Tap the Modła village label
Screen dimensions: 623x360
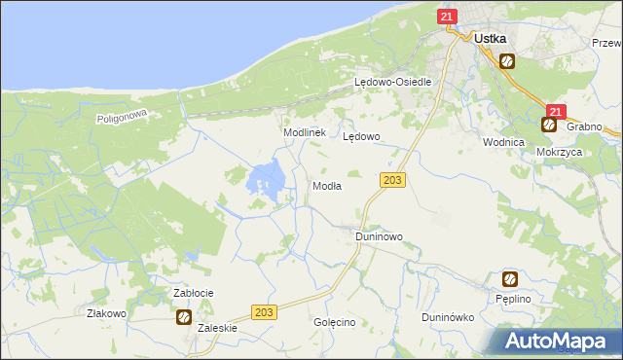tap(326, 186)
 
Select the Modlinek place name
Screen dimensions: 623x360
tap(304, 132)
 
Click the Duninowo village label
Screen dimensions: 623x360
tap(379, 236)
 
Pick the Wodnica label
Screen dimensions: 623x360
tap(503, 141)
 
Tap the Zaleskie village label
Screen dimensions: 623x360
tap(217, 329)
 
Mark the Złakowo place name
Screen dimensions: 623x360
tap(107, 313)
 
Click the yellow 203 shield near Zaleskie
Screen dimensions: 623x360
tap(264, 311)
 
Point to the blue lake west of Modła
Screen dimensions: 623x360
tap(267, 179)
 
